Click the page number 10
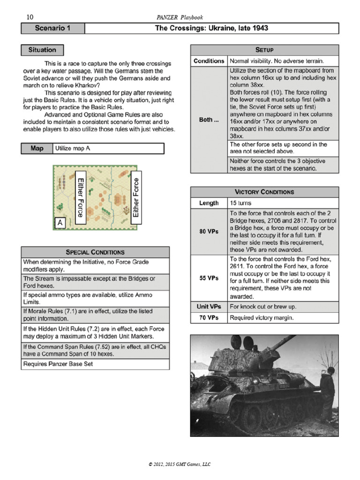30,17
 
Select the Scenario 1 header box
52,29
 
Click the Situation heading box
42,50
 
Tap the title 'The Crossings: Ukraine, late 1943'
211,29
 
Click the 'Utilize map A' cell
109,149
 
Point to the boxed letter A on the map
60,223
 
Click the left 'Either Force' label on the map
80,197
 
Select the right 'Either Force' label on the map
136,197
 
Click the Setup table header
264,50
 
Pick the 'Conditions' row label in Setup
209,61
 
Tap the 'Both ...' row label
209,120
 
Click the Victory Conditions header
264,192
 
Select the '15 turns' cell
283,203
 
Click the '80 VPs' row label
209,232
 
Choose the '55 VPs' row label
209,278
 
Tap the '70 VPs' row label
209,317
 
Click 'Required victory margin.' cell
283,317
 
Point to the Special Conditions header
96,252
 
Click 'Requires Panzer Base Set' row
96,364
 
